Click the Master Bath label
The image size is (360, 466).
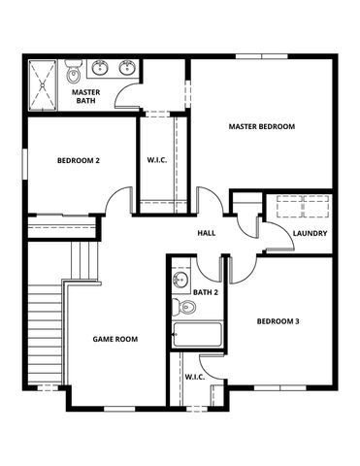(x=87, y=97)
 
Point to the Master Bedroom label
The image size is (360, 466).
(x=261, y=127)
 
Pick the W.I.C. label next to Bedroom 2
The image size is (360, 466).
(x=159, y=160)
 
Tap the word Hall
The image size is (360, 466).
(x=207, y=233)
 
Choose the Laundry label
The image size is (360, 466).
(x=309, y=233)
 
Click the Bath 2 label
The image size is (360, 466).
(x=205, y=291)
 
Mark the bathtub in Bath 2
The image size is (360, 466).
(x=197, y=335)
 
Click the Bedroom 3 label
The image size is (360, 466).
(x=278, y=321)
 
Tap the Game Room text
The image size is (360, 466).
(x=115, y=339)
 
